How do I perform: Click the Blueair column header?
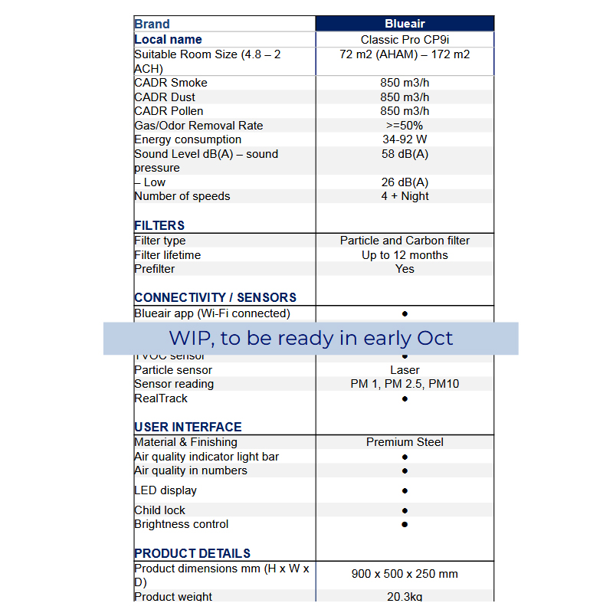pyautogui.click(x=405, y=24)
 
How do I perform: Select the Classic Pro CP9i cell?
pyautogui.click(x=405, y=40)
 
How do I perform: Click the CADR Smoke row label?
pyautogui.click(x=171, y=83)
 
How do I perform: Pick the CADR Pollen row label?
pyautogui.click(x=169, y=111)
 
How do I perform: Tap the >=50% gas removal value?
pyautogui.click(x=405, y=126)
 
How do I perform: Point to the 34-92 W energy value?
pyautogui.click(x=405, y=139)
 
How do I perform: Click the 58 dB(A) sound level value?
pyautogui.click(x=405, y=154)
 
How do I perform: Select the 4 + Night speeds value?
pyautogui.click(x=405, y=196)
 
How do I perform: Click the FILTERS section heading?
pyautogui.click(x=159, y=225)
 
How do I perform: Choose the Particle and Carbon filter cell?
pyautogui.click(x=405, y=241)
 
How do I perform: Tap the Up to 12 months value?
pyautogui.click(x=405, y=255)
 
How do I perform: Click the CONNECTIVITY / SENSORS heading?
pyautogui.click(x=215, y=297)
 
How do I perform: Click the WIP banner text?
pyautogui.click(x=311, y=338)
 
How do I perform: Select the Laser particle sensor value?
pyautogui.click(x=405, y=370)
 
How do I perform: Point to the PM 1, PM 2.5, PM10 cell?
pyautogui.click(x=405, y=384)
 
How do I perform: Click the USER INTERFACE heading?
pyautogui.click(x=188, y=427)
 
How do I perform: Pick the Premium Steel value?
pyautogui.click(x=405, y=442)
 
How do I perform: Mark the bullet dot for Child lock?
pyautogui.click(x=405, y=511)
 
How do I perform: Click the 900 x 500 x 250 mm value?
pyautogui.click(x=405, y=574)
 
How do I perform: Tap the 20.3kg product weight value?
pyautogui.click(x=405, y=596)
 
